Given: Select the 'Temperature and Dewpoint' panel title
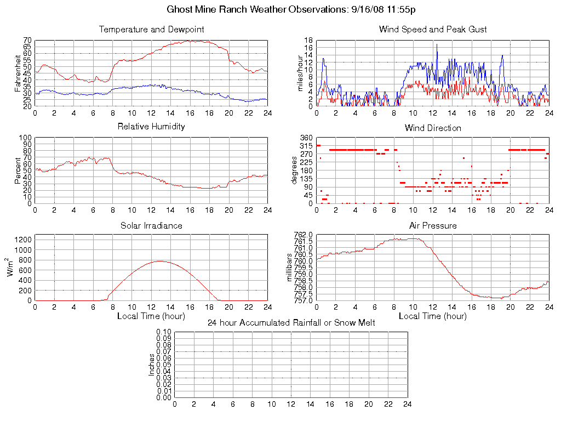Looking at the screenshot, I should tap(151, 29).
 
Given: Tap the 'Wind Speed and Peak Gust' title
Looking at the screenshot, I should tap(433, 29).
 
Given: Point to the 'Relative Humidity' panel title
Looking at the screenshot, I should tap(151, 127).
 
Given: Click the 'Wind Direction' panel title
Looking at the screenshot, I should tap(433, 128).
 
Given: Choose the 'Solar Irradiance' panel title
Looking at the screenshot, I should tap(151, 225).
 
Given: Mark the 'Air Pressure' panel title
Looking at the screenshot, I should tap(433, 225).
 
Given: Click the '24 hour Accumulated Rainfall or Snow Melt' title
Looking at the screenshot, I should tap(291, 323).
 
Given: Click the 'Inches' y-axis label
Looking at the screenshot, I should tap(152, 365).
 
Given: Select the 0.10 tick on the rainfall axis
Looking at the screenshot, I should tap(163, 332).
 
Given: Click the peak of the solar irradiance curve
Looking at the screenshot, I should tap(160, 261).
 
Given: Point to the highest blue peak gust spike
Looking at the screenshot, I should tap(437, 44).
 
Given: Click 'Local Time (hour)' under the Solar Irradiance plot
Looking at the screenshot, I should tap(151, 316).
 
